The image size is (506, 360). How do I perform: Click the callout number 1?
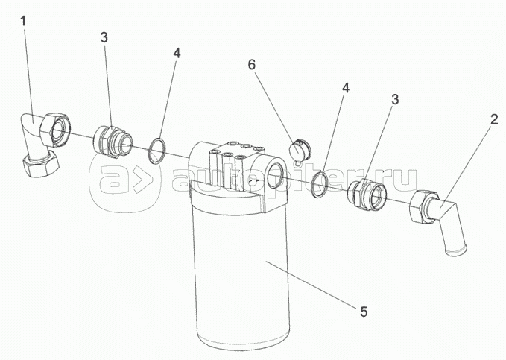click(x=22, y=22)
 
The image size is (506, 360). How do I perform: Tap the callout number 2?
click(x=494, y=119)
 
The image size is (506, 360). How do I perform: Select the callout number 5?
click(x=364, y=312)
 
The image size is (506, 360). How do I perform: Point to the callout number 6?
click(x=251, y=65)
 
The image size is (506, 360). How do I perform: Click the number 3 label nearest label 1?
click(x=104, y=37)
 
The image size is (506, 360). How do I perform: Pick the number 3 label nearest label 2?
click(x=395, y=99)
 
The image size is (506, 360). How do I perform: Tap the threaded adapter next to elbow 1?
click(x=113, y=142)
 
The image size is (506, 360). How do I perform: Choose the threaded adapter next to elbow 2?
click(x=366, y=195)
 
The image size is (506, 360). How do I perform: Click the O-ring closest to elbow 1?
click(x=157, y=151)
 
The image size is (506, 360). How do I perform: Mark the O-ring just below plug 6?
click(x=320, y=185)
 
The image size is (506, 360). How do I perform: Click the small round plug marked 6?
click(x=300, y=150)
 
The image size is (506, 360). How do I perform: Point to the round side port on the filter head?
click(x=275, y=175)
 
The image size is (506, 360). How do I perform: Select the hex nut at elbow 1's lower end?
click(x=41, y=163)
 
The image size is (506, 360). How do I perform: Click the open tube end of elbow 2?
click(x=455, y=250)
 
